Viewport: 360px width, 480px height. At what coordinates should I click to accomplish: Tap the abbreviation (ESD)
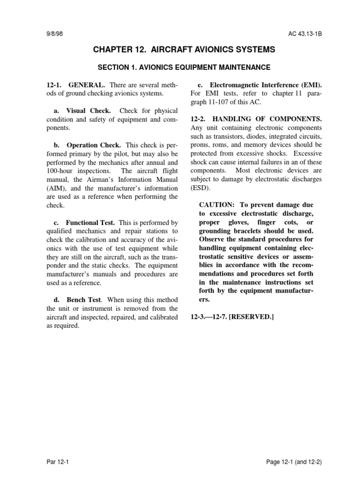pyautogui.click(x=201, y=188)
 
